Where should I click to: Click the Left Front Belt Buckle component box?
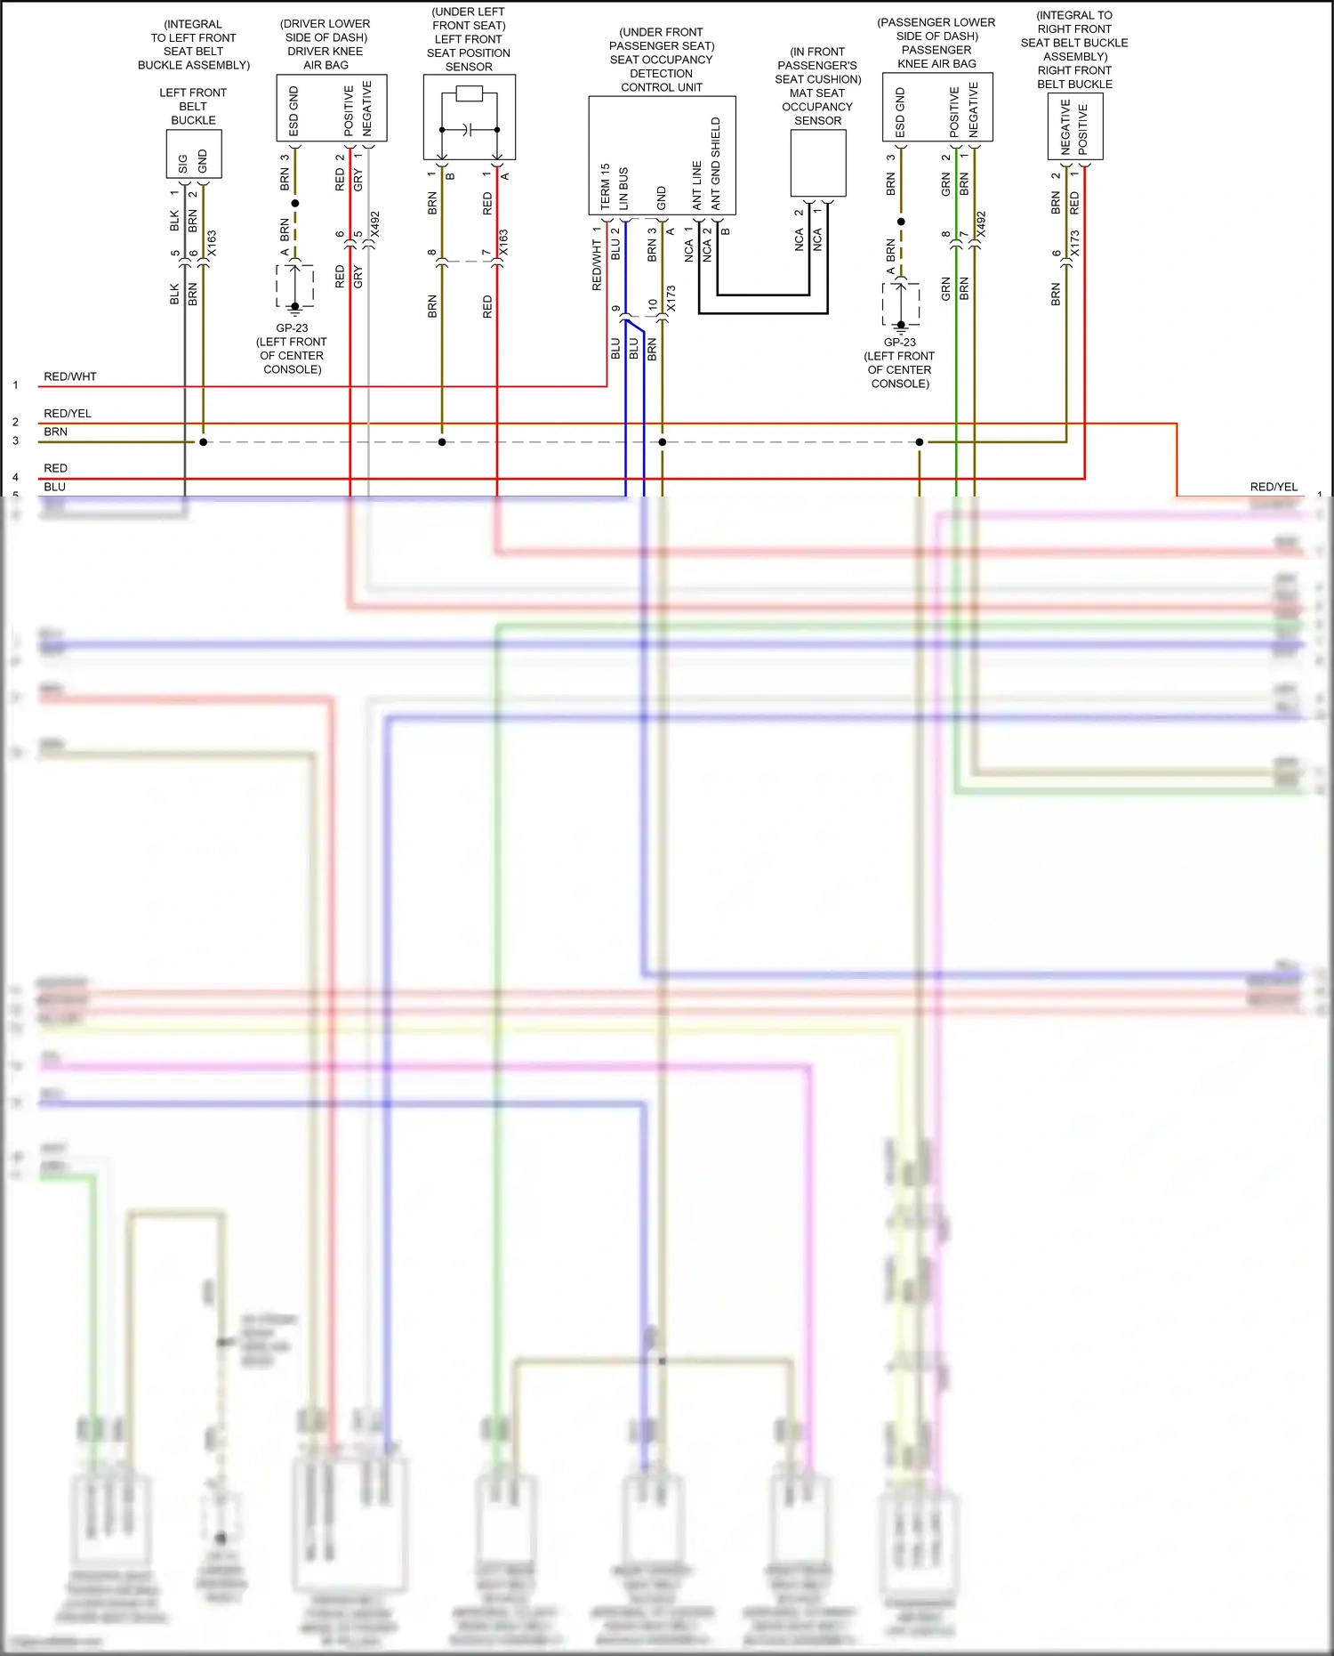(x=194, y=154)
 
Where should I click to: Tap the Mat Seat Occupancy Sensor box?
(x=817, y=163)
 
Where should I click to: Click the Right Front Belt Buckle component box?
(x=1075, y=127)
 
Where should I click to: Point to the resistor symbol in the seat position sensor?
(x=469, y=94)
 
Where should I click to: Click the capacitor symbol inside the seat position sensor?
(x=469, y=130)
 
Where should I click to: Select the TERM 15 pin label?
(x=605, y=186)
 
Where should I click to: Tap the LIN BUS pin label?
(x=623, y=189)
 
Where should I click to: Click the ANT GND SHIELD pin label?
(x=716, y=164)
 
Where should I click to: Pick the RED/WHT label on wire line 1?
(x=70, y=376)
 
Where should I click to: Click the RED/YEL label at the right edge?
(x=1274, y=487)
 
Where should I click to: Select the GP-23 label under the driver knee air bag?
(x=292, y=327)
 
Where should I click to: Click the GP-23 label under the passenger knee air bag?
(x=899, y=342)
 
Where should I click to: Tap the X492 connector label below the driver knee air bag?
(x=374, y=224)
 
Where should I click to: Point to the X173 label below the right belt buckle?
(x=1074, y=244)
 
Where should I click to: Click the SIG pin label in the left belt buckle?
(x=183, y=164)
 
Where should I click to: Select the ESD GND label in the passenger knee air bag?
(x=900, y=112)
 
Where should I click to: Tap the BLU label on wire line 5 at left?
(x=54, y=487)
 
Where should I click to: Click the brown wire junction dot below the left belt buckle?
(x=204, y=442)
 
